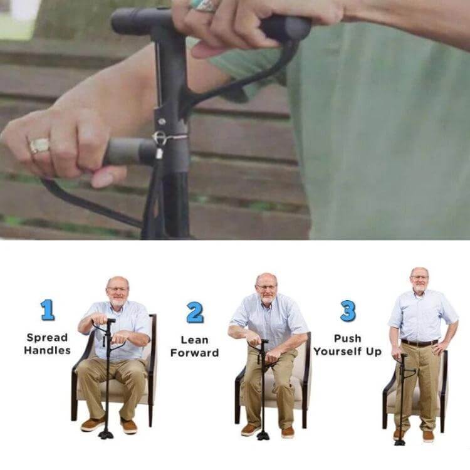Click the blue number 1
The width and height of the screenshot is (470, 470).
click(48, 310)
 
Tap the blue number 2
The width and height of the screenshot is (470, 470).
click(195, 312)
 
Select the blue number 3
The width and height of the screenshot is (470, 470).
click(348, 311)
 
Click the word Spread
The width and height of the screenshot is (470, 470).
click(47, 338)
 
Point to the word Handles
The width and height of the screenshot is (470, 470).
click(48, 350)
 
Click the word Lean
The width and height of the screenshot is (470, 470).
click(194, 340)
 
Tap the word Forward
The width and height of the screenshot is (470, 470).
click(194, 353)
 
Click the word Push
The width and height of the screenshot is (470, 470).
click(348, 338)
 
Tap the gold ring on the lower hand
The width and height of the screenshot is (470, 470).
click(39, 145)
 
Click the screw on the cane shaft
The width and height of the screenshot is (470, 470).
click(162, 122)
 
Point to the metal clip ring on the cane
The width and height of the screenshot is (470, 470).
click(159, 138)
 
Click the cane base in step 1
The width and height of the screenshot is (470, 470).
click(106, 434)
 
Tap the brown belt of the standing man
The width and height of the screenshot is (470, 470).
click(420, 343)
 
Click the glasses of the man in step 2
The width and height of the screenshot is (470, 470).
click(266, 287)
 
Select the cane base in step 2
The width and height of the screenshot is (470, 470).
click(263, 436)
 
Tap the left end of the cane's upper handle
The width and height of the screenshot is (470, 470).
click(113, 21)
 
